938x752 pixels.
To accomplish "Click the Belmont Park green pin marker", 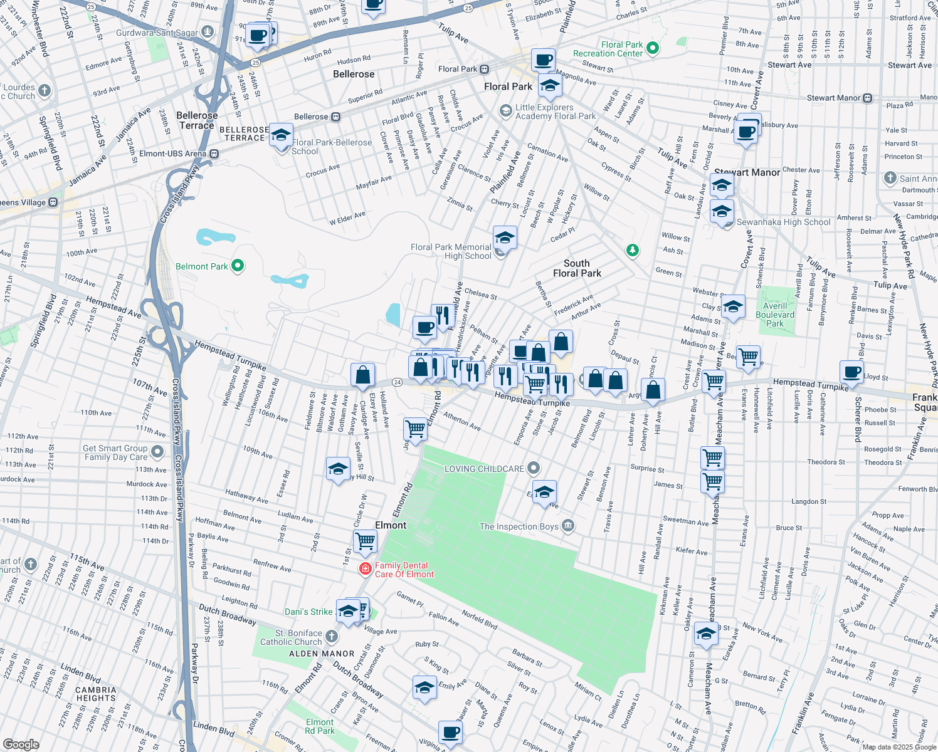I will pyautogui.click(x=238, y=266).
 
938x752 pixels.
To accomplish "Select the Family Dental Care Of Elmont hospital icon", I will pyautogui.click(x=365, y=569).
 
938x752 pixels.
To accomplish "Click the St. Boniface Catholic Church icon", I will pyautogui.click(x=332, y=637).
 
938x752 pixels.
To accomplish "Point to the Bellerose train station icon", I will pyautogui.click(x=336, y=117).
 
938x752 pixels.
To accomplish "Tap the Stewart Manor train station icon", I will pyautogui.click(x=868, y=98).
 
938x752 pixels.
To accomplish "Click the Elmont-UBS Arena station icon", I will pyautogui.click(x=214, y=154).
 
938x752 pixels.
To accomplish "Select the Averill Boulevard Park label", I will pyautogui.click(x=775, y=315).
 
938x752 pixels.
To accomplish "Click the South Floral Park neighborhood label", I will pyautogui.click(x=577, y=268).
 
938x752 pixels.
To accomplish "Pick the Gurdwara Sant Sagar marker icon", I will pyautogui.click(x=208, y=32).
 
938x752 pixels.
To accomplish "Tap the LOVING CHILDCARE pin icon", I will pyautogui.click(x=534, y=468).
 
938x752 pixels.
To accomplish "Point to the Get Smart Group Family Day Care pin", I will pyautogui.click(x=157, y=452).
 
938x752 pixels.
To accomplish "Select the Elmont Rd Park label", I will pyautogui.click(x=320, y=726).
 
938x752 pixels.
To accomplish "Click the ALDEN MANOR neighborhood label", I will pyautogui.click(x=322, y=654).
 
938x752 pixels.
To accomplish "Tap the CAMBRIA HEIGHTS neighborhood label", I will pyautogui.click(x=96, y=694).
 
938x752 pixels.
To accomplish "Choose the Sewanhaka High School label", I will pyautogui.click(x=783, y=222).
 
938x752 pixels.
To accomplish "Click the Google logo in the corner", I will pyautogui.click(x=21, y=744).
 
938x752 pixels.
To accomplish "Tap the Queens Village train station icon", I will pyautogui.click(x=53, y=202).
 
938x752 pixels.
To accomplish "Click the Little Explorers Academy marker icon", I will pyautogui.click(x=506, y=111).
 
